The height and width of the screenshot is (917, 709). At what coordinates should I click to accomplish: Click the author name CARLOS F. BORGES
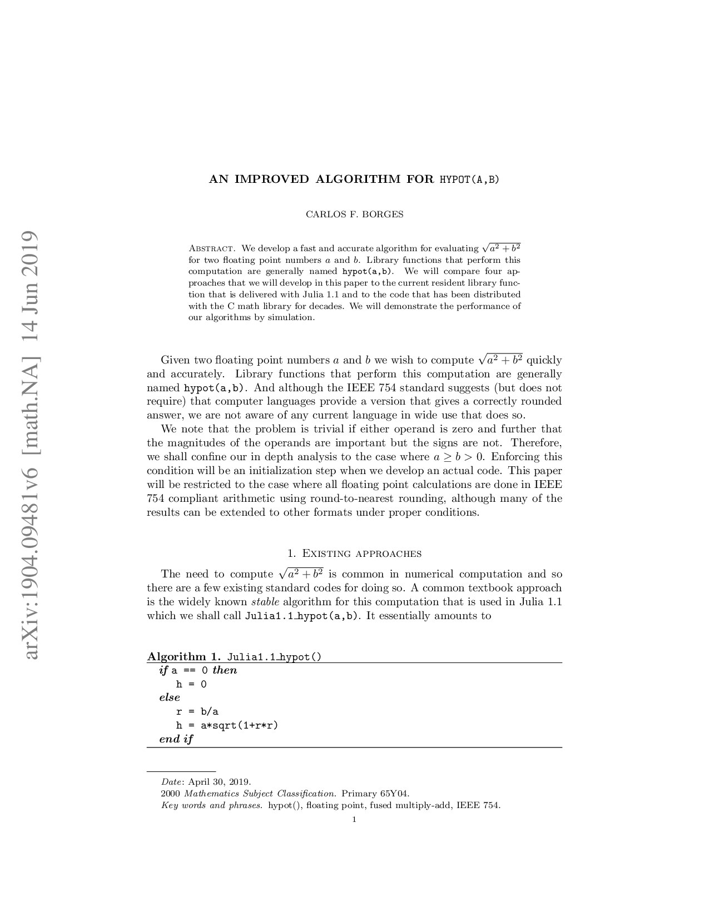tap(354, 214)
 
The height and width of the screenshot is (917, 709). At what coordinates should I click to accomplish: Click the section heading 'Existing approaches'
tap(354, 554)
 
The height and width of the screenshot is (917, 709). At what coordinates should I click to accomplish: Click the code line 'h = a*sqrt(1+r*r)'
tap(227, 725)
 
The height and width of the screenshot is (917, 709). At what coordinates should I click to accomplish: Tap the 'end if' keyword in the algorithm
tap(176, 739)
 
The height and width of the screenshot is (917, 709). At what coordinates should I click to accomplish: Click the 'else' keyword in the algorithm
tap(170, 697)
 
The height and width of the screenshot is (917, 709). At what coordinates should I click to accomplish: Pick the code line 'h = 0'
tap(191, 684)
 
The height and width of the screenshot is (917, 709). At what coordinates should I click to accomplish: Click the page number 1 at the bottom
tap(354, 819)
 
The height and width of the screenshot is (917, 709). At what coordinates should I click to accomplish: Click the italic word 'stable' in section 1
tap(265, 602)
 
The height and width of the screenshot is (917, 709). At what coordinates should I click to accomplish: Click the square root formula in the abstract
tap(501, 248)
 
